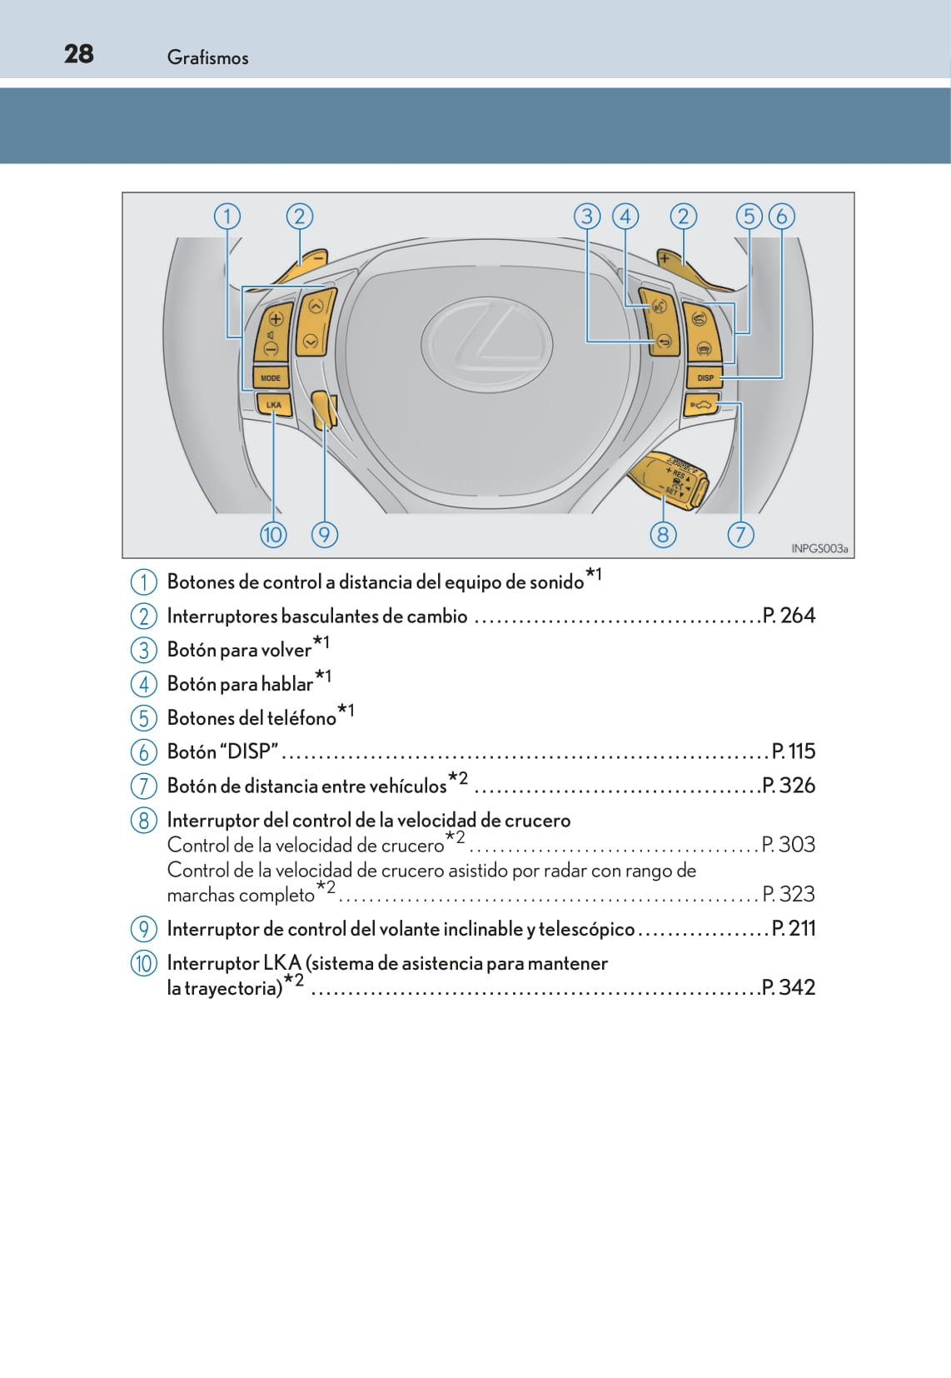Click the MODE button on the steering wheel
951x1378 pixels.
(x=271, y=377)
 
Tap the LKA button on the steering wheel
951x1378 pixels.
(x=273, y=405)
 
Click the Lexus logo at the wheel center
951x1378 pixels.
(x=486, y=342)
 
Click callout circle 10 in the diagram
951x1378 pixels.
(x=273, y=534)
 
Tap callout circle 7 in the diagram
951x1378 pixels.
(x=740, y=534)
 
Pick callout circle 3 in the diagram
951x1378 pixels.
(x=587, y=217)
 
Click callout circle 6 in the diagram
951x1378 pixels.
(x=781, y=217)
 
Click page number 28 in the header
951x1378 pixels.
(x=79, y=54)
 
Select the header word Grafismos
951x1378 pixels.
(x=207, y=57)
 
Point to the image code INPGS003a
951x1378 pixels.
(x=819, y=548)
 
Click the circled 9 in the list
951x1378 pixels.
(x=143, y=929)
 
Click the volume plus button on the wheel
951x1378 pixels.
(x=276, y=318)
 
